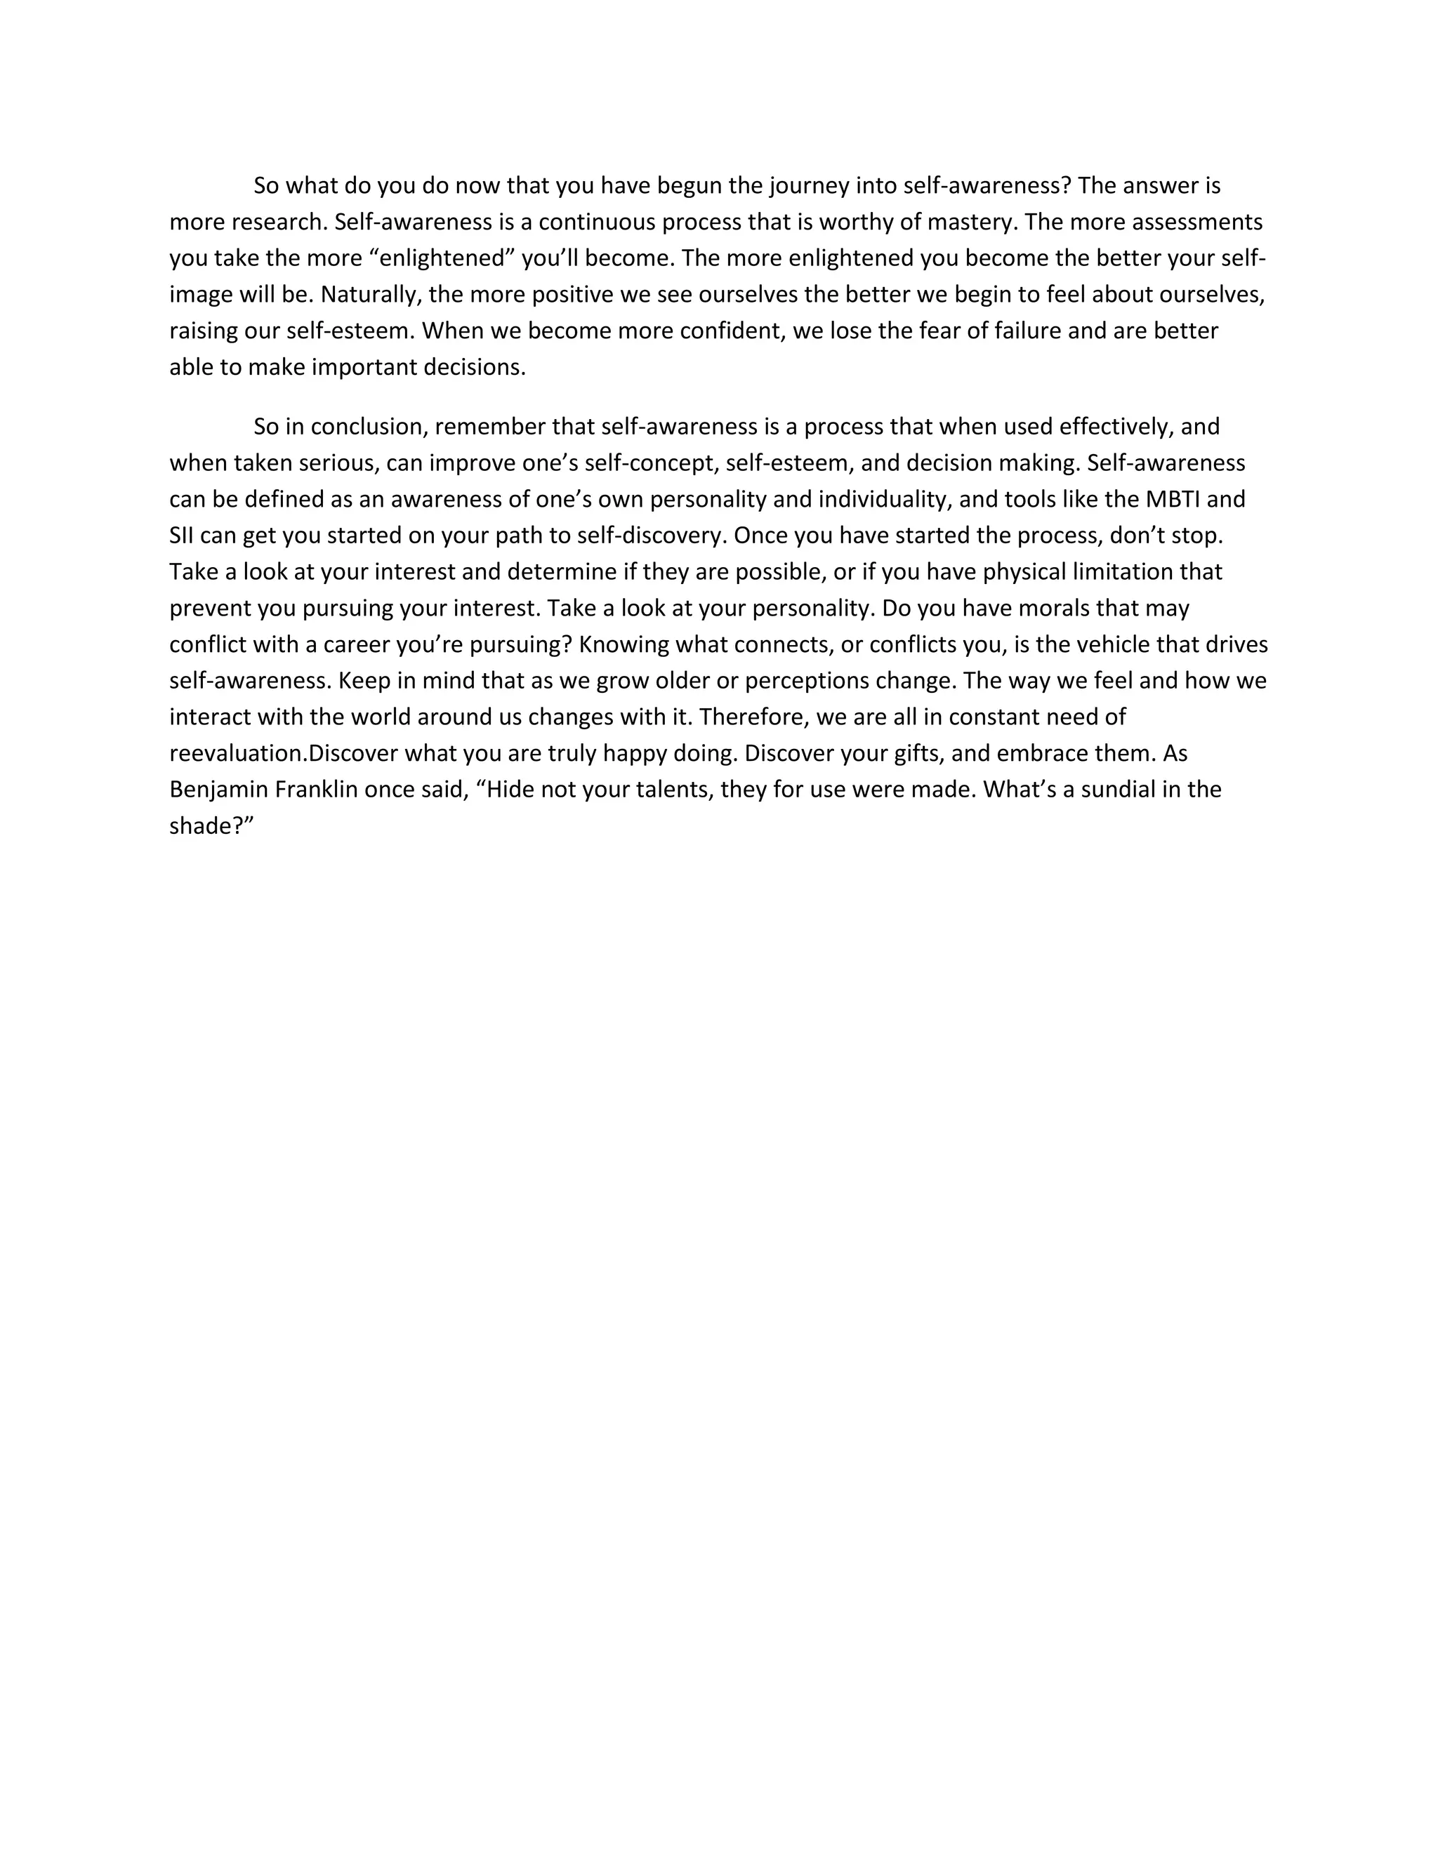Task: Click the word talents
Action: coord(666,790)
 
